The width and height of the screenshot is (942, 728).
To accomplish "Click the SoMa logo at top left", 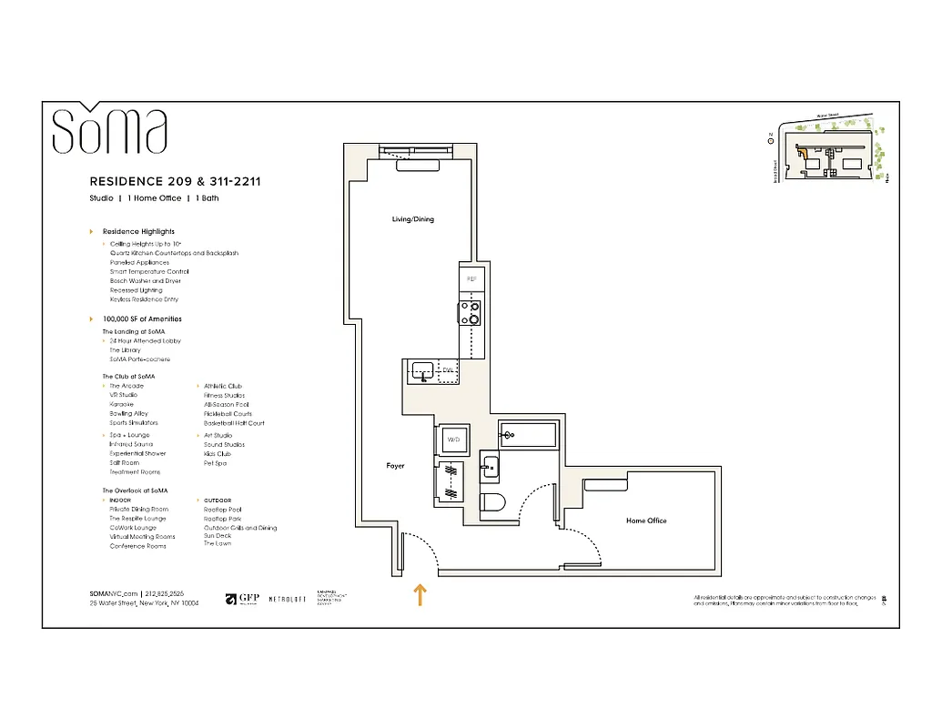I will [x=109, y=131].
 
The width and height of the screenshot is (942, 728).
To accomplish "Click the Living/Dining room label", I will [x=412, y=219].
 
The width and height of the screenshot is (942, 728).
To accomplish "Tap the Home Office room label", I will [x=646, y=521].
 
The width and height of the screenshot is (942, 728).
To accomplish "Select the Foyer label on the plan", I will [x=395, y=466].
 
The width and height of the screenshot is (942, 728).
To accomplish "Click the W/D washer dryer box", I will [x=452, y=440].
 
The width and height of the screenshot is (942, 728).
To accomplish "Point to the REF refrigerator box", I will [x=471, y=278].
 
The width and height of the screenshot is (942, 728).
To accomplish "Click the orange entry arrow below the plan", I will [x=419, y=595].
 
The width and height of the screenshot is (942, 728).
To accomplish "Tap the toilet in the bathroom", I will [x=492, y=502].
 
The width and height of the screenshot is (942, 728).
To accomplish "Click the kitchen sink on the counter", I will [x=421, y=370].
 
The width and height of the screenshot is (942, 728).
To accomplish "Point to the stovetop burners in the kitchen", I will [x=471, y=313].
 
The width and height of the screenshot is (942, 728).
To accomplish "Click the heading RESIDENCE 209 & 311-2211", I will [x=175, y=181].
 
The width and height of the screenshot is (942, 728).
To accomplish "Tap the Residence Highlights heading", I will [x=137, y=231].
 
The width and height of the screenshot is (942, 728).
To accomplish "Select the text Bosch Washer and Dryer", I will [x=146, y=281].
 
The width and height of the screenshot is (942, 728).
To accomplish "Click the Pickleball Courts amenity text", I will [x=228, y=414].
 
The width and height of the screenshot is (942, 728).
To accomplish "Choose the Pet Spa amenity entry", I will [x=215, y=463].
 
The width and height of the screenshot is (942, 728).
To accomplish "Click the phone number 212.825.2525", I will [x=164, y=593].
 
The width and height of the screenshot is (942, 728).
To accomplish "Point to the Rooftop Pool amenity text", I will [x=222, y=510].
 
